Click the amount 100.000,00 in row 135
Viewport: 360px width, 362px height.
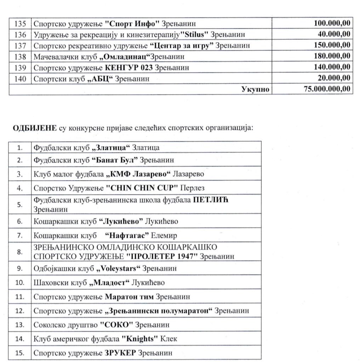332,24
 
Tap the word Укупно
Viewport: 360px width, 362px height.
255,89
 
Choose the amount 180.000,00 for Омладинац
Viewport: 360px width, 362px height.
332,56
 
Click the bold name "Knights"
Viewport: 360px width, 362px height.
140,339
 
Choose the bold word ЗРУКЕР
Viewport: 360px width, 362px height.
121,353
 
